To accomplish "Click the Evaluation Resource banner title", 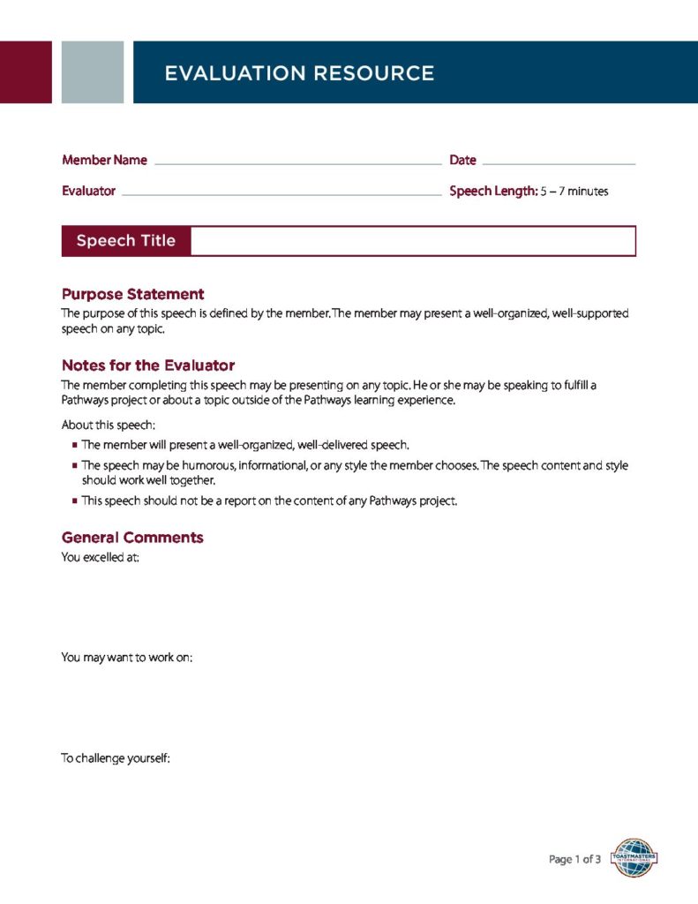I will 299,73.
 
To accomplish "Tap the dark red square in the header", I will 26,72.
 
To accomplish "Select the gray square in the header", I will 93,72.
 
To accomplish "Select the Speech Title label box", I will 126,241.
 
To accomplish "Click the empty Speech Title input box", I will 413,241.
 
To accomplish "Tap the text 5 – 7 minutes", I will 574,192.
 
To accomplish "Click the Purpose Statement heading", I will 132,294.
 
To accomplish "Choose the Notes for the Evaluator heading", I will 148,365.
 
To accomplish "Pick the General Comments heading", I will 132,538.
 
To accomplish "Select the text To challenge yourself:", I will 115,757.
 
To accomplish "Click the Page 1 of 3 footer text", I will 574,859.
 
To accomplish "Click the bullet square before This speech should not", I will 75,501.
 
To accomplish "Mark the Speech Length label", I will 493,191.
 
